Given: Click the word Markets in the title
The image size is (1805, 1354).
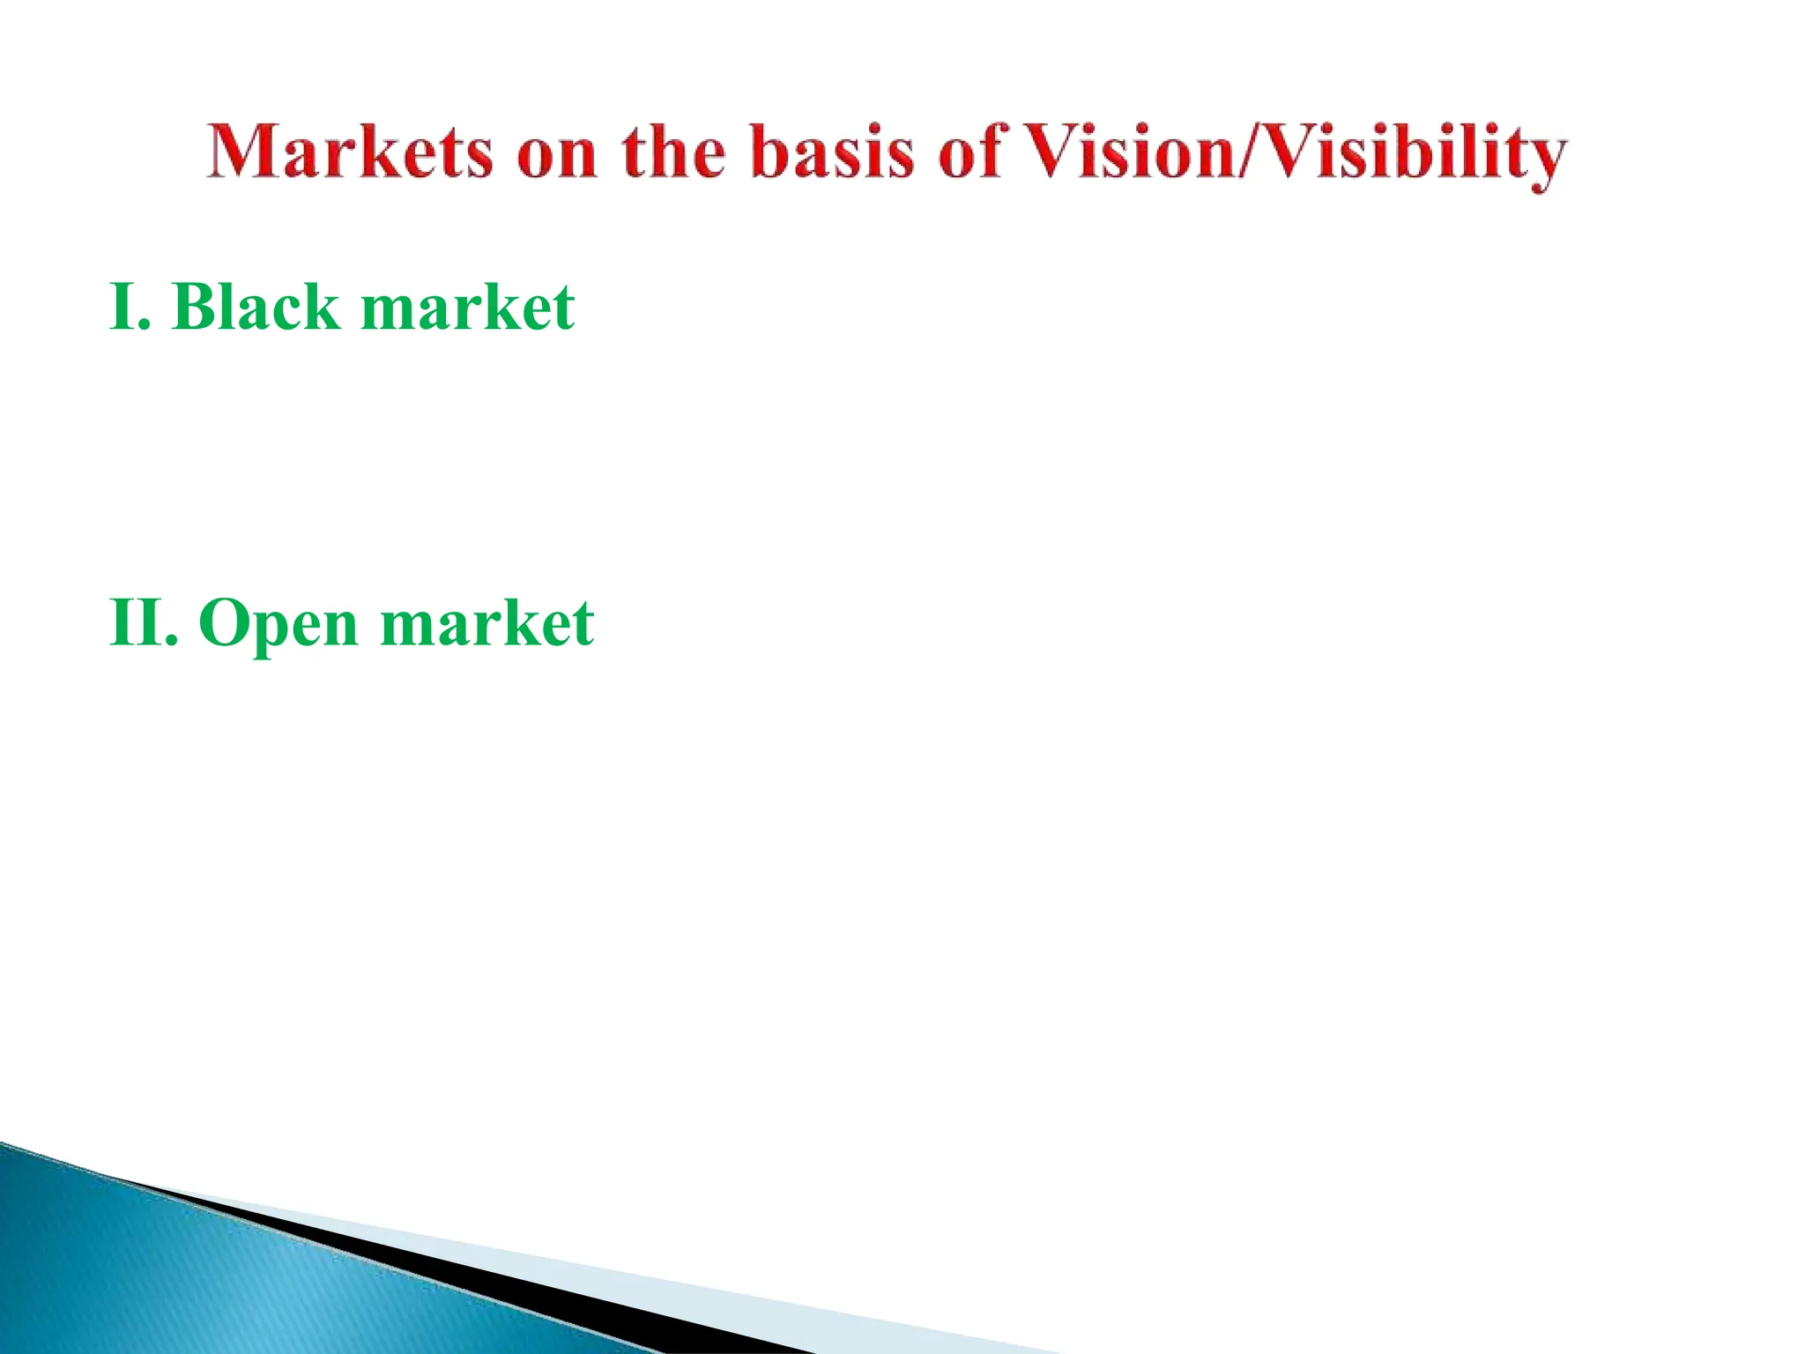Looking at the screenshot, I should tap(349, 153).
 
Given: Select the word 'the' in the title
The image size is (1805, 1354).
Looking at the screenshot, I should tap(674, 153).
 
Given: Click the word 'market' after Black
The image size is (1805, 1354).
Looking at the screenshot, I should tap(468, 309).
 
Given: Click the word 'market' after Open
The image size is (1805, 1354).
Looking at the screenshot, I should tap(487, 624).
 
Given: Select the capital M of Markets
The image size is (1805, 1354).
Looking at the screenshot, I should tap(240, 153).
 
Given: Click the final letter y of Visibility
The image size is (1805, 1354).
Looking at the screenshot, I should tap(1543, 161).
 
